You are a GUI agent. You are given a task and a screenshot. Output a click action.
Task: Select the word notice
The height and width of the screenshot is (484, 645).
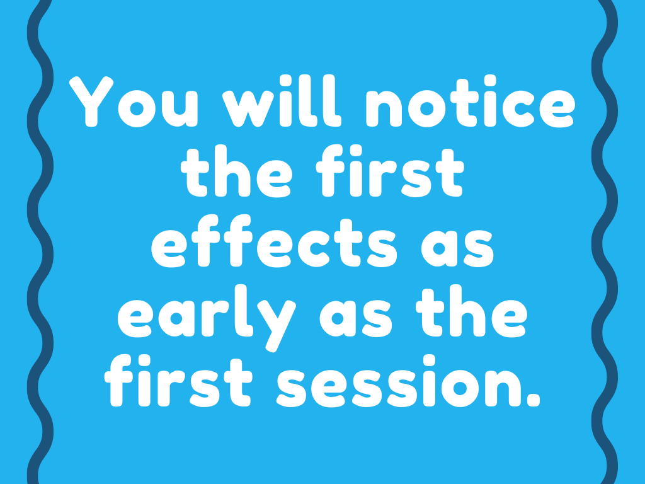click(x=469, y=103)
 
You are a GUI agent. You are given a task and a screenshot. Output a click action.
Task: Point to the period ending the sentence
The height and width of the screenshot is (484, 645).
click(x=534, y=399)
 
